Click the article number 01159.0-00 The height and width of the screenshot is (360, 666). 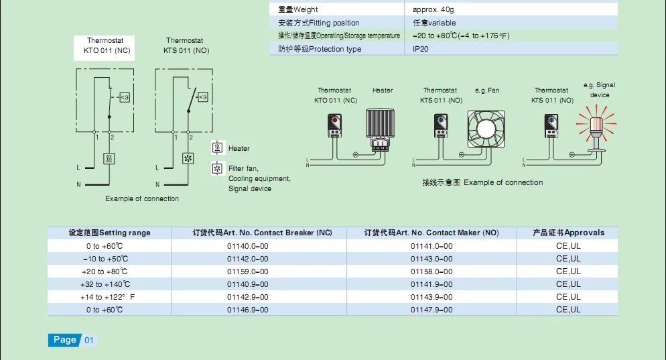[x=248, y=272]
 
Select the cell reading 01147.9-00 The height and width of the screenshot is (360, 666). [x=431, y=310]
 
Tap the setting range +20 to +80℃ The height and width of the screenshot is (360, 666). [x=105, y=272]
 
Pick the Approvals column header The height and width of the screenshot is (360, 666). [x=568, y=233]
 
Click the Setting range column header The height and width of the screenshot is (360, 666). [x=110, y=233]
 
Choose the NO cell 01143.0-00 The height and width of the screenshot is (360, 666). [x=431, y=259]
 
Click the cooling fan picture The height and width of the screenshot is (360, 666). [x=486, y=129]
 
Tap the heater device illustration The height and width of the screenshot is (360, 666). [x=380, y=130]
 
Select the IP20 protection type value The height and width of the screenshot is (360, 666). [x=421, y=49]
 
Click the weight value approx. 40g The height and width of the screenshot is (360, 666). [x=434, y=9]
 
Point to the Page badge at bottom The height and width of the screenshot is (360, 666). [x=64, y=340]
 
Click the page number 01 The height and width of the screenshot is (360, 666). [x=88, y=340]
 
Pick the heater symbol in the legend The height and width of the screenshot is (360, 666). [x=218, y=148]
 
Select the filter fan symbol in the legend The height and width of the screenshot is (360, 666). [x=218, y=169]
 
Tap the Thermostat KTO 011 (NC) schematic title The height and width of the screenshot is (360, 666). [x=105, y=46]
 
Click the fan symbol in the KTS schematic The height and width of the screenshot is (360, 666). [x=188, y=158]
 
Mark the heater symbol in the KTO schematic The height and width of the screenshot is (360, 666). [x=109, y=158]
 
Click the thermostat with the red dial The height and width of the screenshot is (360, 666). [x=335, y=125]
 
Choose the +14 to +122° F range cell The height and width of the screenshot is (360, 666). [x=107, y=297]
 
